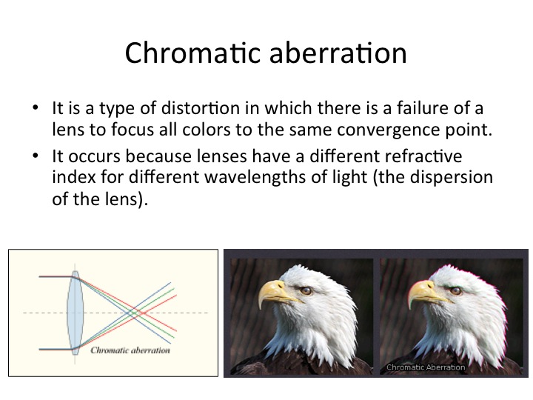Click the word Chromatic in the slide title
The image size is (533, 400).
(192, 53)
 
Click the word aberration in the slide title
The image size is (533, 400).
(338, 53)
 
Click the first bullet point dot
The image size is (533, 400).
(36, 108)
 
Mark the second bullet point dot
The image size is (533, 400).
(36, 156)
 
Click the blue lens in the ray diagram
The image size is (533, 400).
(75, 313)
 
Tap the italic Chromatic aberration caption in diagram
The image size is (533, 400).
(130, 350)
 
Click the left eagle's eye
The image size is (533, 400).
(306, 290)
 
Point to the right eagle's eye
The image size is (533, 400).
(455, 290)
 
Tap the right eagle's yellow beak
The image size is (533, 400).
(425, 293)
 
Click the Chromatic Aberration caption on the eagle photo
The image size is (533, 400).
(426, 367)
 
